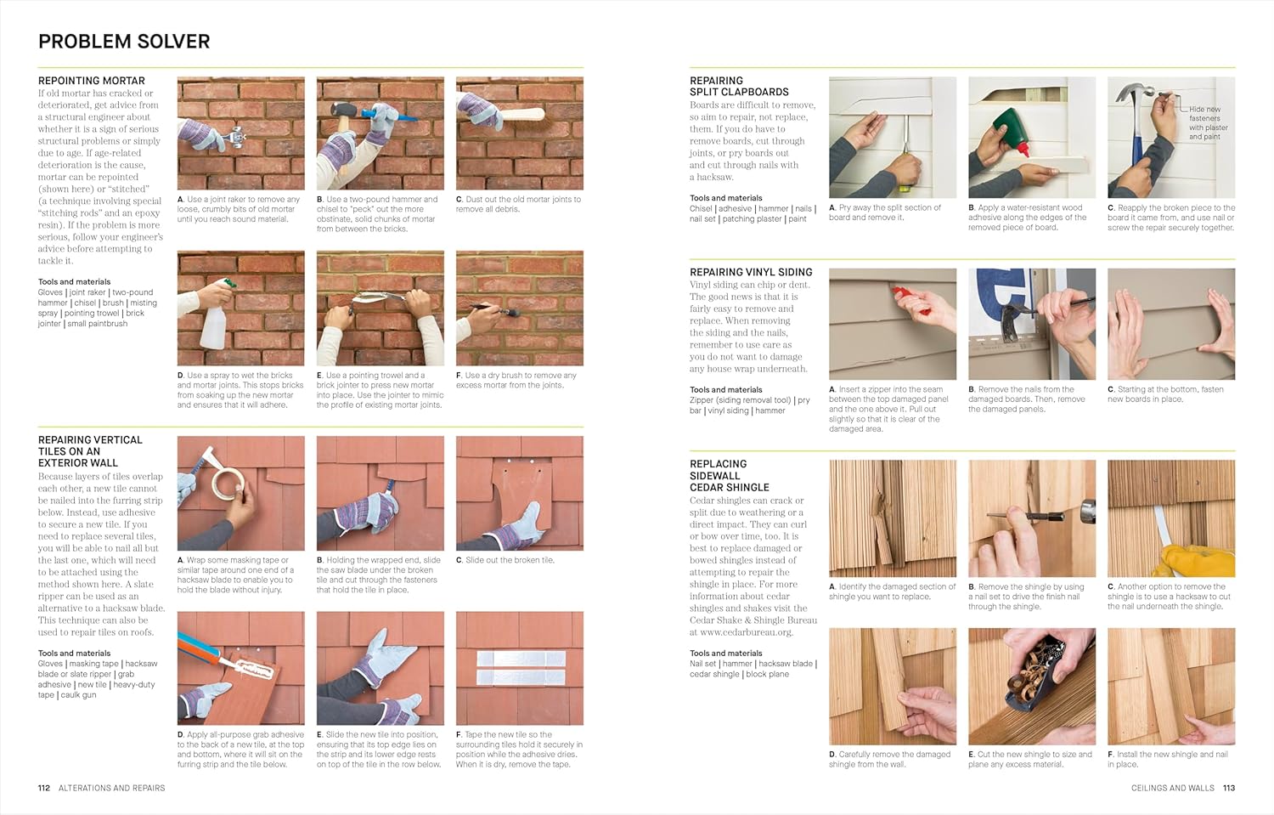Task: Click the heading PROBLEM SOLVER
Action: (x=124, y=42)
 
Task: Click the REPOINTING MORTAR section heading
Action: (x=91, y=81)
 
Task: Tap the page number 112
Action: (x=44, y=788)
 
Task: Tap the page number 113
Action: (x=1228, y=788)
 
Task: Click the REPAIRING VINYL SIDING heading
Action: (x=751, y=272)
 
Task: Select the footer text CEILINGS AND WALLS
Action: (x=1172, y=788)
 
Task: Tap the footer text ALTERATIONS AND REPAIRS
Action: (x=111, y=788)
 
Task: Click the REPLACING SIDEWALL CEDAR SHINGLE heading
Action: (x=729, y=475)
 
